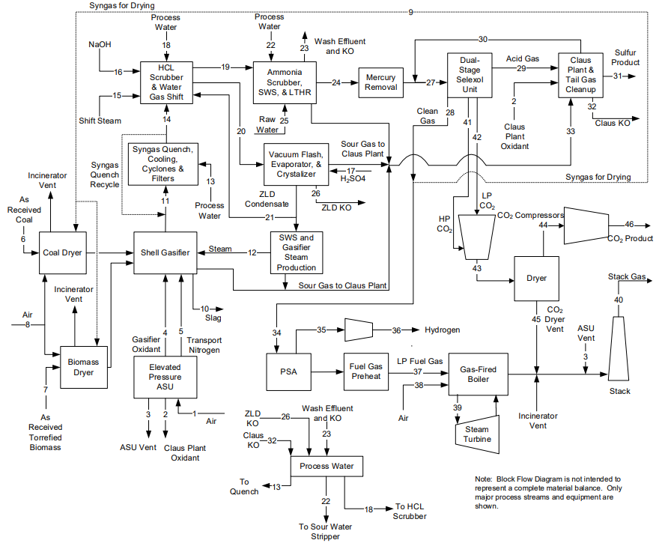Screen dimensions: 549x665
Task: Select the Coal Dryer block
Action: click(61, 252)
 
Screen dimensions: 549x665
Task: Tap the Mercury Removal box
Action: click(380, 82)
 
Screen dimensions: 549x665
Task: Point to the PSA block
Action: click(288, 371)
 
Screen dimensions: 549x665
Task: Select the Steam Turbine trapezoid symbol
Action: click(477, 434)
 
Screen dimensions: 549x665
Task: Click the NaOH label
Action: click(100, 44)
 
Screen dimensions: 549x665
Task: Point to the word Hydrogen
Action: click(443, 330)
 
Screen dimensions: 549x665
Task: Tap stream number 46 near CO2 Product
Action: click(630, 224)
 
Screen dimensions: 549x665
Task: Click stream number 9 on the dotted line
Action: click(410, 12)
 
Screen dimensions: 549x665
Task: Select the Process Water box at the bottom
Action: click(326, 467)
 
